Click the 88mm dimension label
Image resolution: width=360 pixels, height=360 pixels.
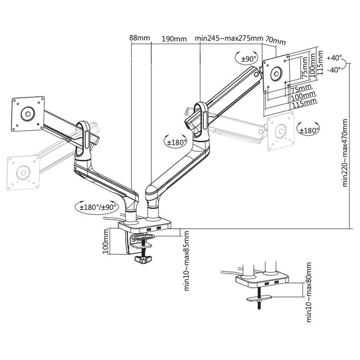140,38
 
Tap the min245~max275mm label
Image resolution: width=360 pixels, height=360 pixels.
229,38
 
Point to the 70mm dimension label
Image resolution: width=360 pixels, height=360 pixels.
275,40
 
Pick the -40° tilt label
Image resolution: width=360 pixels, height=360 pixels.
334,70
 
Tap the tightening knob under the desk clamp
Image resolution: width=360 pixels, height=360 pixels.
146,259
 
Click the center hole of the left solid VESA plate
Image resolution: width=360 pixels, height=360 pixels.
26,113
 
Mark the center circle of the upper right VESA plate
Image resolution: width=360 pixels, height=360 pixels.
275,73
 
